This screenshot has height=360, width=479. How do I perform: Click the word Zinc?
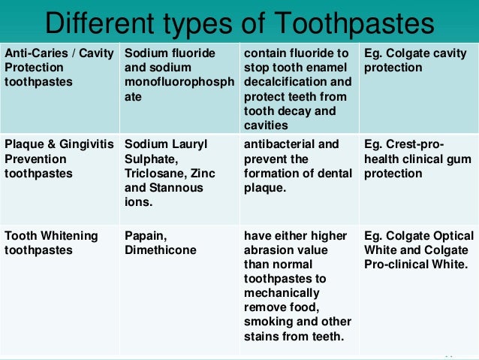(202, 174)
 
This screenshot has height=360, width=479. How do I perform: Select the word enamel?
(328, 68)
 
